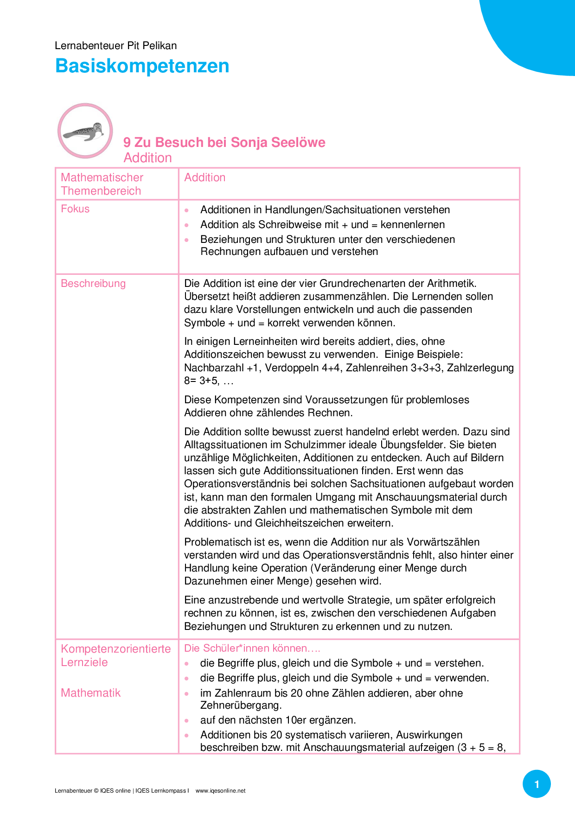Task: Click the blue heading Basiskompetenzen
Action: tap(142, 66)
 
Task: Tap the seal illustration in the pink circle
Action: tap(85, 132)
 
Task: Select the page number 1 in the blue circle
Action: tap(537, 784)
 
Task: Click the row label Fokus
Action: tap(75, 209)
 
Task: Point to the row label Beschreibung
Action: tap(93, 284)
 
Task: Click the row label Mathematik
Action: tap(90, 693)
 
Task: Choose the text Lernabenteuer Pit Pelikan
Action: tap(115, 45)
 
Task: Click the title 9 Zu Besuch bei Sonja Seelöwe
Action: tap(224, 142)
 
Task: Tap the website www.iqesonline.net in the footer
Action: tap(220, 791)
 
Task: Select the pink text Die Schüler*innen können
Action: tap(252, 648)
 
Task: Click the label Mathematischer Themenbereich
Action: tap(102, 184)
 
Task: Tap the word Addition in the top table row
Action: tap(205, 178)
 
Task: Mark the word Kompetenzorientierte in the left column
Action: tap(115, 649)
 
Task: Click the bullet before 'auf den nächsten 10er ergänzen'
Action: tap(186, 721)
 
